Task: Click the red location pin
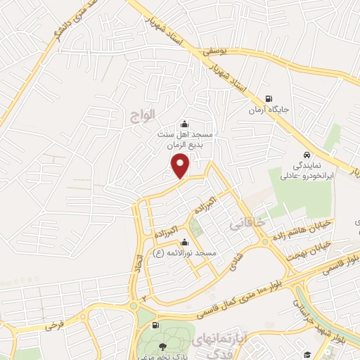pos(181,166)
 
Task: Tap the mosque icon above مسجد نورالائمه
pos(184,243)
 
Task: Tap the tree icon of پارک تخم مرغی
pos(163,345)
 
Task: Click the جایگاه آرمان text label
pos(265,110)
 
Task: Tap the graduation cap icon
pos(306,353)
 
